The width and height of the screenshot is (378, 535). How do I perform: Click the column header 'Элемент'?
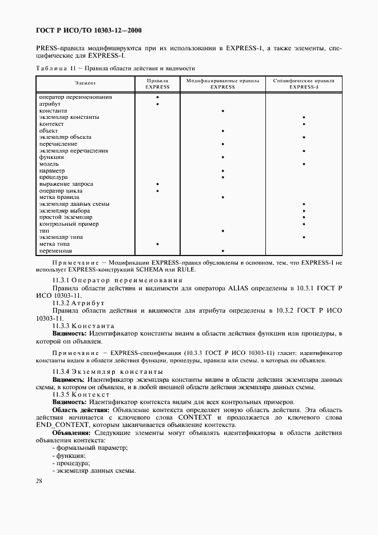(x=85, y=84)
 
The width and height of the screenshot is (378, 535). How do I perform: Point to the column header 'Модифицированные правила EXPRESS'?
(x=222, y=84)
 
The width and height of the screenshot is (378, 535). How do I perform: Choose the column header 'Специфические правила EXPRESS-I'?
(x=304, y=84)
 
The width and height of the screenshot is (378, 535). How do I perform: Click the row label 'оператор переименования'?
(x=75, y=97)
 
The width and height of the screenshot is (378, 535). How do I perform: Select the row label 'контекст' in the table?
(x=51, y=124)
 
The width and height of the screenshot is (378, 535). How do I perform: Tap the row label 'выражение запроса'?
(x=66, y=184)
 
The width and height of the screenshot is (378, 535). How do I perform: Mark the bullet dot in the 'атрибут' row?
(x=157, y=104)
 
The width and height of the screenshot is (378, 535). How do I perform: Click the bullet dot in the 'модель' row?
(x=304, y=164)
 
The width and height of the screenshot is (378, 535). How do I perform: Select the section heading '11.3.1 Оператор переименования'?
(x=117, y=281)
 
